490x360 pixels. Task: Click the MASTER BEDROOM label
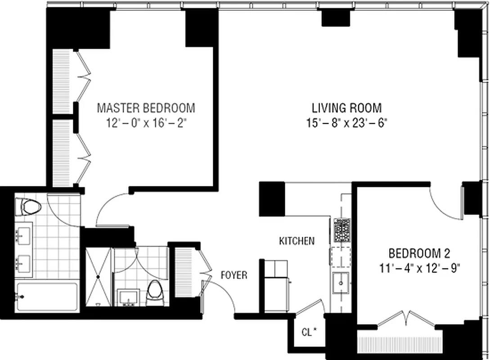[146, 108]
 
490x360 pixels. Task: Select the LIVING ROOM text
[346, 108]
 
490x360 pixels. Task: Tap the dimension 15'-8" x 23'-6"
[346, 122]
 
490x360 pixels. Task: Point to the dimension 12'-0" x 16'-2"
[146, 122]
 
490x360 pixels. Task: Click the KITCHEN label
[297, 241]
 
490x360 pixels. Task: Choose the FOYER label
[234, 275]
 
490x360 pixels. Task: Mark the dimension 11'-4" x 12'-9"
[419, 268]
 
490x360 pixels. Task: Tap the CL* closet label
[309, 333]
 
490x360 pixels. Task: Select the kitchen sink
[341, 283]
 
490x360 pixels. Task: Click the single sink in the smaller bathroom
[129, 297]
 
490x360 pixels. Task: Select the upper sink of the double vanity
[22, 234]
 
